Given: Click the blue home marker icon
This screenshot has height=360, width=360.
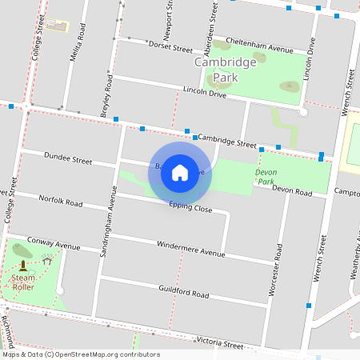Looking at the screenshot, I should (180, 172).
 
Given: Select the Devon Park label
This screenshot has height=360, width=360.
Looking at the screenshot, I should (266, 177).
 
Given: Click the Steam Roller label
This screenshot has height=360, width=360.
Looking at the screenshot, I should (22, 282).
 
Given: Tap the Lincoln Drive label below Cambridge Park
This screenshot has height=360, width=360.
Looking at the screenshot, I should (206, 92).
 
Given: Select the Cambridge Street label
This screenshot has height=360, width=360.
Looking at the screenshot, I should (226, 141).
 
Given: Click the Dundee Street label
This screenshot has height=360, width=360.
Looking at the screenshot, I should (68, 160).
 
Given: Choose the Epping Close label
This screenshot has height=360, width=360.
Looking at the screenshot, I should (190, 208).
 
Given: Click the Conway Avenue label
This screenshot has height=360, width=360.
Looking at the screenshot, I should (54, 241).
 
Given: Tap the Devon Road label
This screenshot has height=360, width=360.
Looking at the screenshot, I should (291, 190).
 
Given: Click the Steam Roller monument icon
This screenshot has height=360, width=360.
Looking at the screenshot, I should (22, 265).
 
